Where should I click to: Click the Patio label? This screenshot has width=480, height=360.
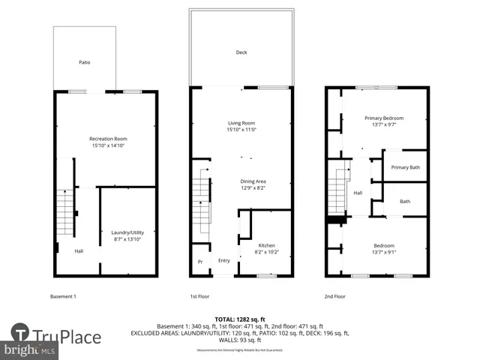pos(85,62)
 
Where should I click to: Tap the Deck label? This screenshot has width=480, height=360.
pos(241,52)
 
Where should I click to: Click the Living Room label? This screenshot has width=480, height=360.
pos(241,123)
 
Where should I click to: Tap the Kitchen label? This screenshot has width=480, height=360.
pos(266,246)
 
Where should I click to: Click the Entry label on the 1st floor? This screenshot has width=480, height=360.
pos(223,261)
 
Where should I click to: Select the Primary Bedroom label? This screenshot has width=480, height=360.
pos(384,118)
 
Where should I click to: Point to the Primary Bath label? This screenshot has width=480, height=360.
pos(405,167)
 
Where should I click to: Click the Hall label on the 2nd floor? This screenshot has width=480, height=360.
pos(358,193)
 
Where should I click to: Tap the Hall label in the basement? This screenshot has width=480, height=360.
pos(79,250)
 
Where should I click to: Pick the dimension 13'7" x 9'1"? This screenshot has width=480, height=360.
pos(384,252)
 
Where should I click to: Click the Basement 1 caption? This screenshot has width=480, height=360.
pos(63,296)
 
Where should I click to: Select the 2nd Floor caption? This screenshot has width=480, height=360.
pos(334,296)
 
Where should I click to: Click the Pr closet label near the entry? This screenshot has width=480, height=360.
pos(200,261)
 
